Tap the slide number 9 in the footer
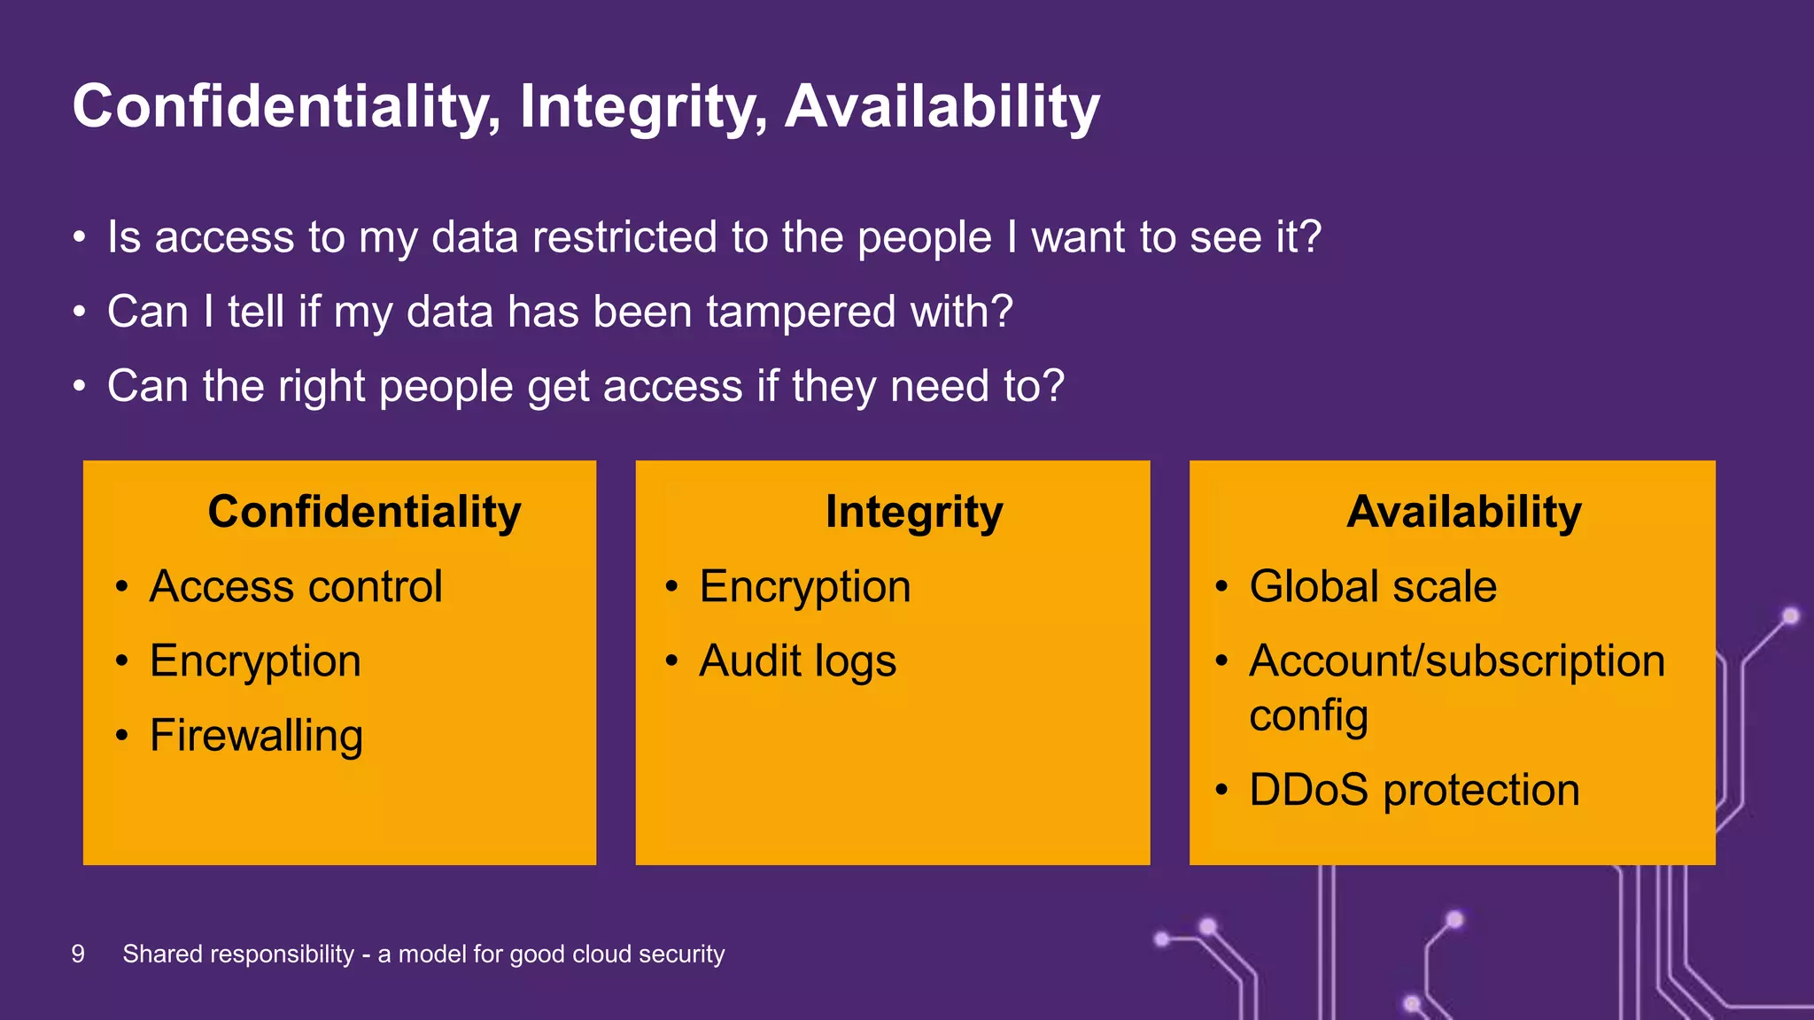(x=78, y=954)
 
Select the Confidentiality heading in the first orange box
(x=364, y=512)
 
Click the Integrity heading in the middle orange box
(x=914, y=512)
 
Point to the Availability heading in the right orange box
(x=1463, y=512)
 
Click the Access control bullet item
(x=296, y=586)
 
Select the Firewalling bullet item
(x=256, y=736)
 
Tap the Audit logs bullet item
(x=797, y=661)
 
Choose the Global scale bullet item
(x=1372, y=586)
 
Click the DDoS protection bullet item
(x=1414, y=790)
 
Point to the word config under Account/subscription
(x=1308, y=715)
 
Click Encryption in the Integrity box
(x=804, y=586)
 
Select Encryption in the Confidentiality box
(x=255, y=661)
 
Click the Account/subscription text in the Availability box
(x=1456, y=661)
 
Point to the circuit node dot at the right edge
(x=1790, y=615)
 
